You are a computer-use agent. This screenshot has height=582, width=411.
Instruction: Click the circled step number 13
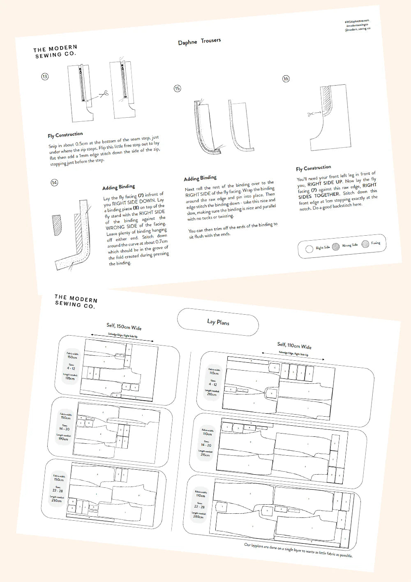45,76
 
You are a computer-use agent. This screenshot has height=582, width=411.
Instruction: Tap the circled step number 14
54,183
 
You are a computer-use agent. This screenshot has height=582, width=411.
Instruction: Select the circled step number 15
177,88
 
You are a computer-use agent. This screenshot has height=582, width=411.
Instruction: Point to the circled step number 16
286,79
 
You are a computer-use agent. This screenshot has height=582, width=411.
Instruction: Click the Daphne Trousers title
199,42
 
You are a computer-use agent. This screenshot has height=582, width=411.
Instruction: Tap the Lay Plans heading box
218,322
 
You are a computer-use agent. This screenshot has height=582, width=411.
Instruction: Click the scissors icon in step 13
103,94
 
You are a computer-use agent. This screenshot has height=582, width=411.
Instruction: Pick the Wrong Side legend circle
336,246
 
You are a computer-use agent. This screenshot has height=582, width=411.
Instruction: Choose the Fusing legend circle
365,244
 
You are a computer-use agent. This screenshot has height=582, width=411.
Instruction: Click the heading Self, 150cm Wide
124,327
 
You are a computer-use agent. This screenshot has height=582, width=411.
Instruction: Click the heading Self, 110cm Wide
294,345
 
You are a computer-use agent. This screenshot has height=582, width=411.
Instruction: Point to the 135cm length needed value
70,378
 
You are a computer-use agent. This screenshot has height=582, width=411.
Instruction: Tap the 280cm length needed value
198,517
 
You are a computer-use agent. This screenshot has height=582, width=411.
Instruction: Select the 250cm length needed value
56,501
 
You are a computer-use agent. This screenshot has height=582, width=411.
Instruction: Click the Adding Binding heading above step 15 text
200,178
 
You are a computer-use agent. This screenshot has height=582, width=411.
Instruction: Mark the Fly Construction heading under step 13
65,135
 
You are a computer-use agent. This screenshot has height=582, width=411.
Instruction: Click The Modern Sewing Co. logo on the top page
55,51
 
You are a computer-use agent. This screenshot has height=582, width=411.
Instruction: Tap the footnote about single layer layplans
298,550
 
